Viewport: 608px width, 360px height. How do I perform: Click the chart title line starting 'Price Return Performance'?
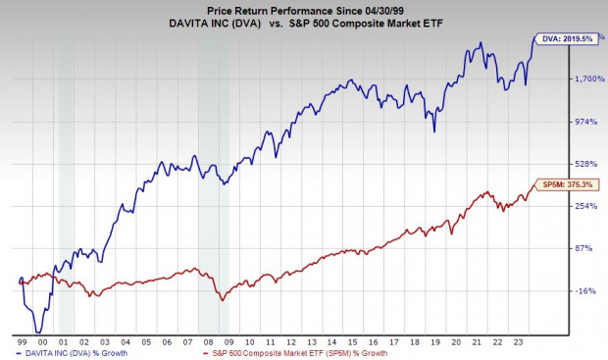[x=304, y=8]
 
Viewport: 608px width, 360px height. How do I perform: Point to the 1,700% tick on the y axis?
[x=585, y=78]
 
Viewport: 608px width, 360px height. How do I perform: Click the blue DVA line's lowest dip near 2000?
[x=37, y=331]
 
